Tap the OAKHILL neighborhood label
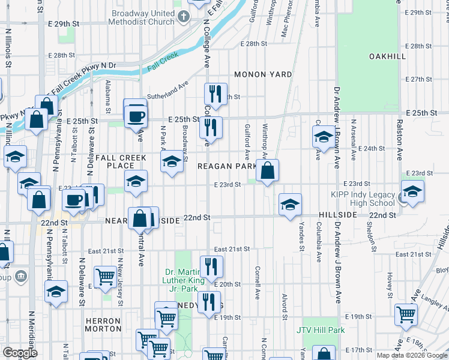[387, 56]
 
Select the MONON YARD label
[263, 74]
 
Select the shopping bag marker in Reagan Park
[267, 172]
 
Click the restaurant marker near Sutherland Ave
[214, 94]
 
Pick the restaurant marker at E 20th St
[211, 266]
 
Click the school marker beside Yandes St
[290, 205]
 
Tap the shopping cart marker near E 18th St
[406, 314]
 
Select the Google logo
[20, 353]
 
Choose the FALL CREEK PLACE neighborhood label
[121, 161]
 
